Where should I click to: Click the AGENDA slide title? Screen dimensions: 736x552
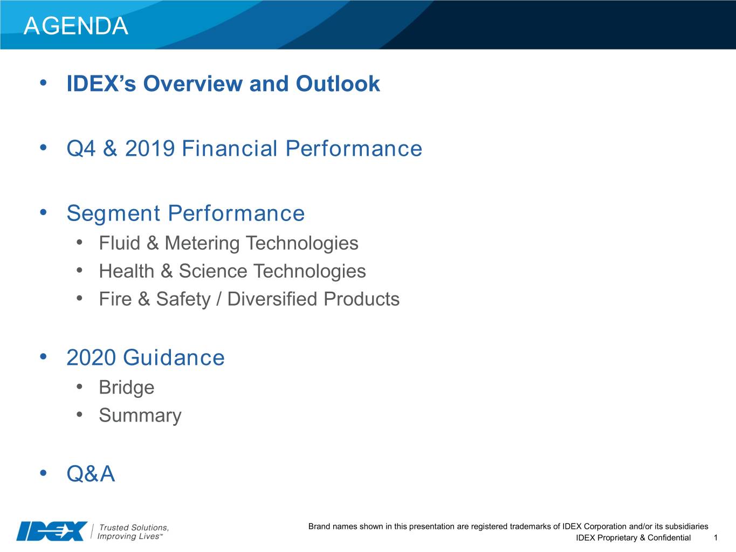(x=76, y=26)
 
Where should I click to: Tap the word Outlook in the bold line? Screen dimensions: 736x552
(x=338, y=83)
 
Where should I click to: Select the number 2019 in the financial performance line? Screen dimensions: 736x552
(x=150, y=148)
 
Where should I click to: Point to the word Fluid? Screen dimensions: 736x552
(x=120, y=243)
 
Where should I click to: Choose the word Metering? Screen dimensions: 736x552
(x=202, y=244)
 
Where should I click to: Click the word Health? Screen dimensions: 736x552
(x=127, y=271)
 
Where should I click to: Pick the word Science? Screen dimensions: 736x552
(x=213, y=271)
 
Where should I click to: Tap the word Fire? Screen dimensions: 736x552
(x=115, y=299)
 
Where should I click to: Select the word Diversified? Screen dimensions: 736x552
(x=272, y=299)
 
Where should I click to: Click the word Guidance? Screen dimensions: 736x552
(x=174, y=357)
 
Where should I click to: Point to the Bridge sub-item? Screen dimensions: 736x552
(x=127, y=388)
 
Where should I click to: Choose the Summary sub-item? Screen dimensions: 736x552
(x=140, y=416)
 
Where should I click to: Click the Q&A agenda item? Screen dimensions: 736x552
(x=91, y=474)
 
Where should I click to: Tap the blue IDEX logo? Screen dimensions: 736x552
(x=52, y=531)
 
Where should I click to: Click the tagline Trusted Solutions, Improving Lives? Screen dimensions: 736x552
(x=133, y=532)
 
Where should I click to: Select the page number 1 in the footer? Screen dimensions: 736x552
(x=716, y=538)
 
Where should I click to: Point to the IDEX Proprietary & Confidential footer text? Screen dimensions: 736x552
(x=634, y=538)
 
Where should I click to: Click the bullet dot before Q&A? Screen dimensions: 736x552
(x=43, y=473)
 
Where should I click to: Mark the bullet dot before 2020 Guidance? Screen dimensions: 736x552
(x=43, y=357)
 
